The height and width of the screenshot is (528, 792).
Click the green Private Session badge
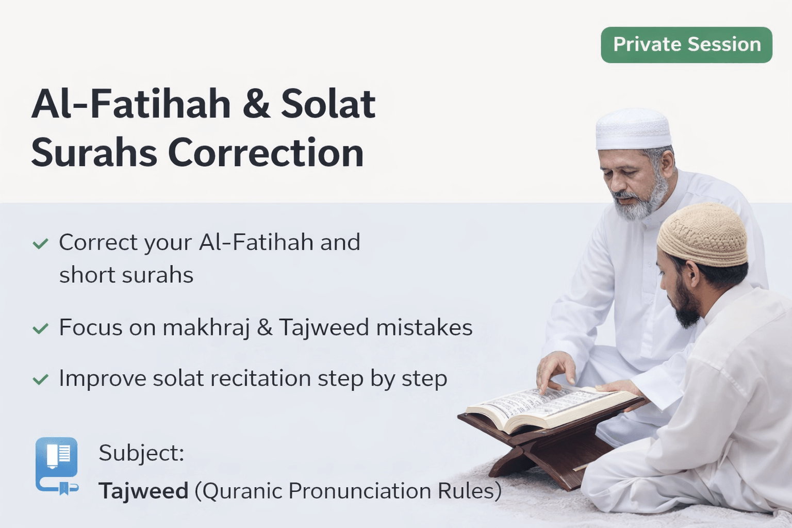pos(686,45)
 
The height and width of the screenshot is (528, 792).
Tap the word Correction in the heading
pos(266,153)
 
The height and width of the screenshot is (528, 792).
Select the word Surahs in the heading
pos(94,153)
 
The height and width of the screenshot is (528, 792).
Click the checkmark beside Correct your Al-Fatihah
pos(40,244)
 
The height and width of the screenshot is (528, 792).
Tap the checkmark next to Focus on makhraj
pos(40,328)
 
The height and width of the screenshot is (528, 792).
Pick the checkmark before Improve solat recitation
pos(40,379)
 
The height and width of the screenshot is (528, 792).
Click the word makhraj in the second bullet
pos(206,328)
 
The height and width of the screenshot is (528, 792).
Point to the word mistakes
pos(424,327)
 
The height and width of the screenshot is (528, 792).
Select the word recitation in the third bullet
pos(261,378)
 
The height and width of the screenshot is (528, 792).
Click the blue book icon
pos(57,466)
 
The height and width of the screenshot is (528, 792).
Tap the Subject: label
pos(141,453)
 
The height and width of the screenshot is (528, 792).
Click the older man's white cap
pos(633,129)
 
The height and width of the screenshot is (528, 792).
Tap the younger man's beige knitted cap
pos(703,234)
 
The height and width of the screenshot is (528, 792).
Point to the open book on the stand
pos(552,408)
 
